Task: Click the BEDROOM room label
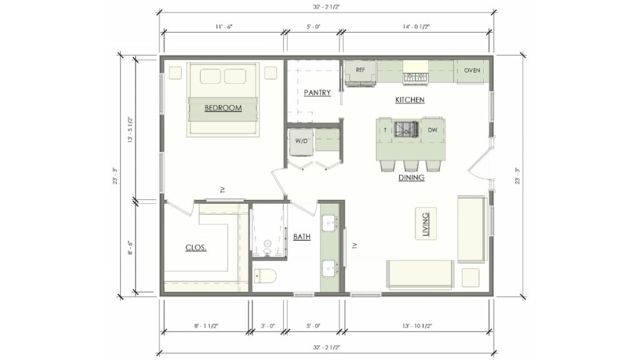223,108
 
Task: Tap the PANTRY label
317,92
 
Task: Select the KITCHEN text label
409,100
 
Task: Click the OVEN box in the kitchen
472,71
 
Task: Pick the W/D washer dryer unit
301,141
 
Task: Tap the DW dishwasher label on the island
432,130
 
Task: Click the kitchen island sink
409,129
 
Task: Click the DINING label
411,177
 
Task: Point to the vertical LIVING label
426,223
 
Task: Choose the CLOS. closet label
196,247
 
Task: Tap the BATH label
302,237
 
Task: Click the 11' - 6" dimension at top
223,27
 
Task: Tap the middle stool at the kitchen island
411,165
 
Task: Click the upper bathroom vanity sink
329,221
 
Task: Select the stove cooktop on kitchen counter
414,77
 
